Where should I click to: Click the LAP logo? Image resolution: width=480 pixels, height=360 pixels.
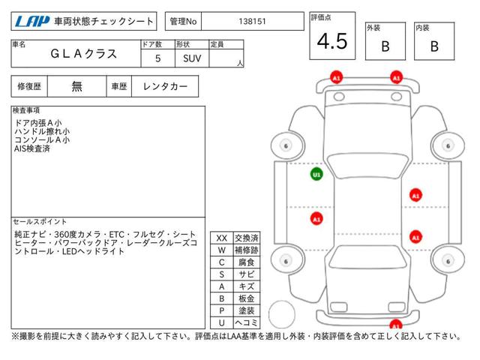coord(32,22)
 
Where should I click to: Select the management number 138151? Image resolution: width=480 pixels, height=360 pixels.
coord(252,22)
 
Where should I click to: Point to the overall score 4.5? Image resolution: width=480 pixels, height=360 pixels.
coord(332,41)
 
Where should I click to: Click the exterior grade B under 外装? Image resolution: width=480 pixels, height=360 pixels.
coord(385,46)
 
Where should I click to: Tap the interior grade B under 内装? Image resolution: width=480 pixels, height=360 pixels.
coord(434,46)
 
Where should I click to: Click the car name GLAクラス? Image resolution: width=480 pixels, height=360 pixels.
coord(83,54)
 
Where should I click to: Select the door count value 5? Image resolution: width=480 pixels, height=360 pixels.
coord(157,58)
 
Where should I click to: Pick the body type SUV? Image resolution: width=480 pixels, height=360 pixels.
coord(192,58)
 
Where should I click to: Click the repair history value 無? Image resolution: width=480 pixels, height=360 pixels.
coord(76,87)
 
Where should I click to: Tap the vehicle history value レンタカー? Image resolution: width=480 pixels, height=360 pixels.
coord(165,87)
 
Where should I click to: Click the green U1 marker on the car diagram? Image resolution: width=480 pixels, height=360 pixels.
coord(316,175)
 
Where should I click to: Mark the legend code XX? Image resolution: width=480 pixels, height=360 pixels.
coord(222,238)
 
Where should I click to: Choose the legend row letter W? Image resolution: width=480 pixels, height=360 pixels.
coord(222,250)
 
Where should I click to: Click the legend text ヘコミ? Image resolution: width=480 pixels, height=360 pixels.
coord(247,322)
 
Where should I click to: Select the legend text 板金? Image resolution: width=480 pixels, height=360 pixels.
coord(247,298)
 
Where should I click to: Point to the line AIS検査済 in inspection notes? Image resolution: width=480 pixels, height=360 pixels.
coord(32,148)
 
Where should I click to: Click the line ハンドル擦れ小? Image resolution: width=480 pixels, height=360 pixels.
coord(42,132)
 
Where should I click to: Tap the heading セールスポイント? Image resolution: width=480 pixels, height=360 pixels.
coord(40,222)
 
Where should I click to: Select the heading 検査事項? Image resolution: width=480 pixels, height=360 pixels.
coord(26,110)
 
